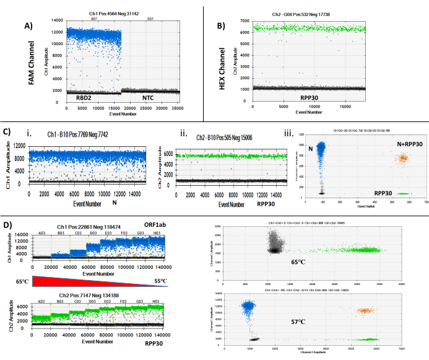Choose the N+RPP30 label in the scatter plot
(397, 144)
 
